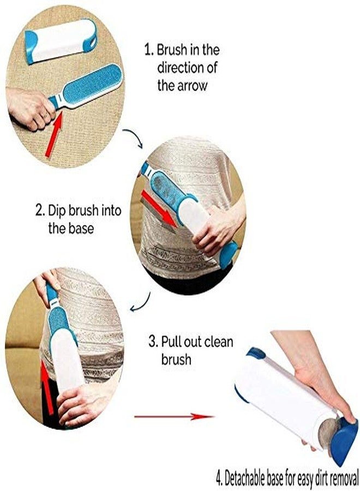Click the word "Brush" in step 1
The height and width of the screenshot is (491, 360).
[x=172, y=50]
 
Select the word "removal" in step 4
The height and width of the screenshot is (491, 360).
[x=344, y=478]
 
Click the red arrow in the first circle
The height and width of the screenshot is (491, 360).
[x=55, y=134]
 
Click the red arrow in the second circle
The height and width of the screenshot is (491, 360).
[x=159, y=208]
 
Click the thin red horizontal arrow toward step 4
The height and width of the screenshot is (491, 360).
[x=174, y=416]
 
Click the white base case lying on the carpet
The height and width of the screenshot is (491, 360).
[x=61, y=41]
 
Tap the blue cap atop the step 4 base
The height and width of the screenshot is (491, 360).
[x=256, y=353]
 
